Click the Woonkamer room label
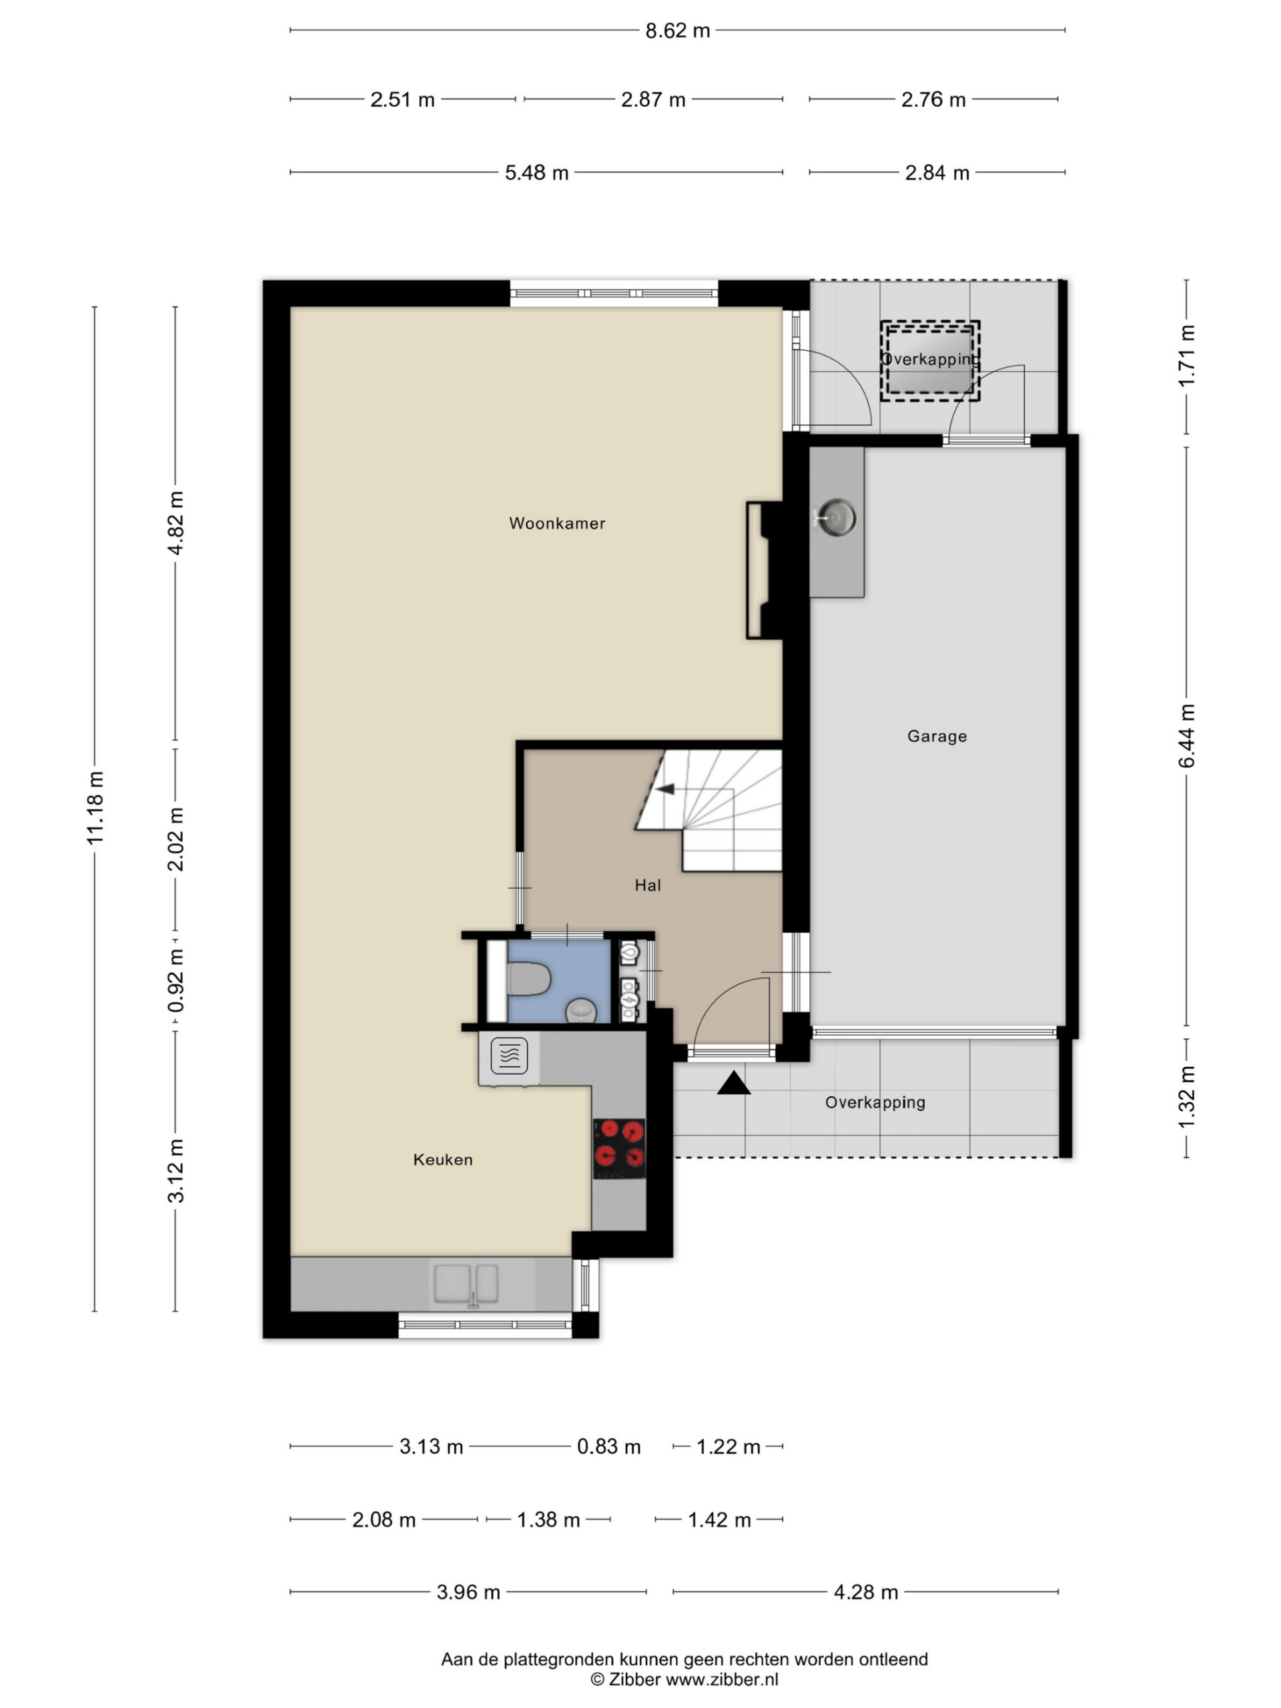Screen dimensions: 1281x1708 556,524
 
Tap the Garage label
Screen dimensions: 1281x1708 937,737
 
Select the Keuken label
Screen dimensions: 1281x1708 442,1160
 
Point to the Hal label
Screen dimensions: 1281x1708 648,885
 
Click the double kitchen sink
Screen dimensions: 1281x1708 466,1284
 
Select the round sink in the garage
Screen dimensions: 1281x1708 835,516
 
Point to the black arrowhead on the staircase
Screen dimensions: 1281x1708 665,789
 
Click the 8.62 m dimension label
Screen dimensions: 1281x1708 677,31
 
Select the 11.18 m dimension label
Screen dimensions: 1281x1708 95,808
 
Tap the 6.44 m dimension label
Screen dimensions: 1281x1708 1187,736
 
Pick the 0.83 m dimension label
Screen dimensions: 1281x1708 608,1447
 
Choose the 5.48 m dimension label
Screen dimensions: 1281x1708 536,173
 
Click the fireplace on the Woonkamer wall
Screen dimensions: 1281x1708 765,570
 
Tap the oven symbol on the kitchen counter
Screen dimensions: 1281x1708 509,1055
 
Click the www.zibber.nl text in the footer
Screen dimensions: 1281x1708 721,1679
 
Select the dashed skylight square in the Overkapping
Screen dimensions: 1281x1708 929,360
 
